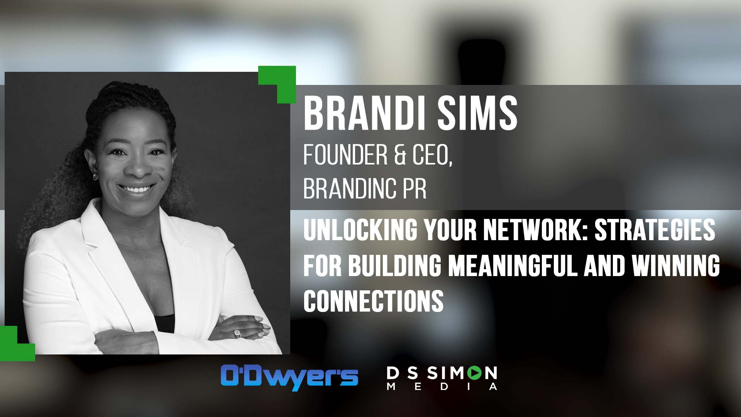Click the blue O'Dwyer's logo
tap(289, 377)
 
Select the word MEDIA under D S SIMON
tap(442, 386)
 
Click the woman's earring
tap(95, 177)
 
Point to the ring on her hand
tap(237, 333)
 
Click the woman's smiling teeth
tap(135, 189)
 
